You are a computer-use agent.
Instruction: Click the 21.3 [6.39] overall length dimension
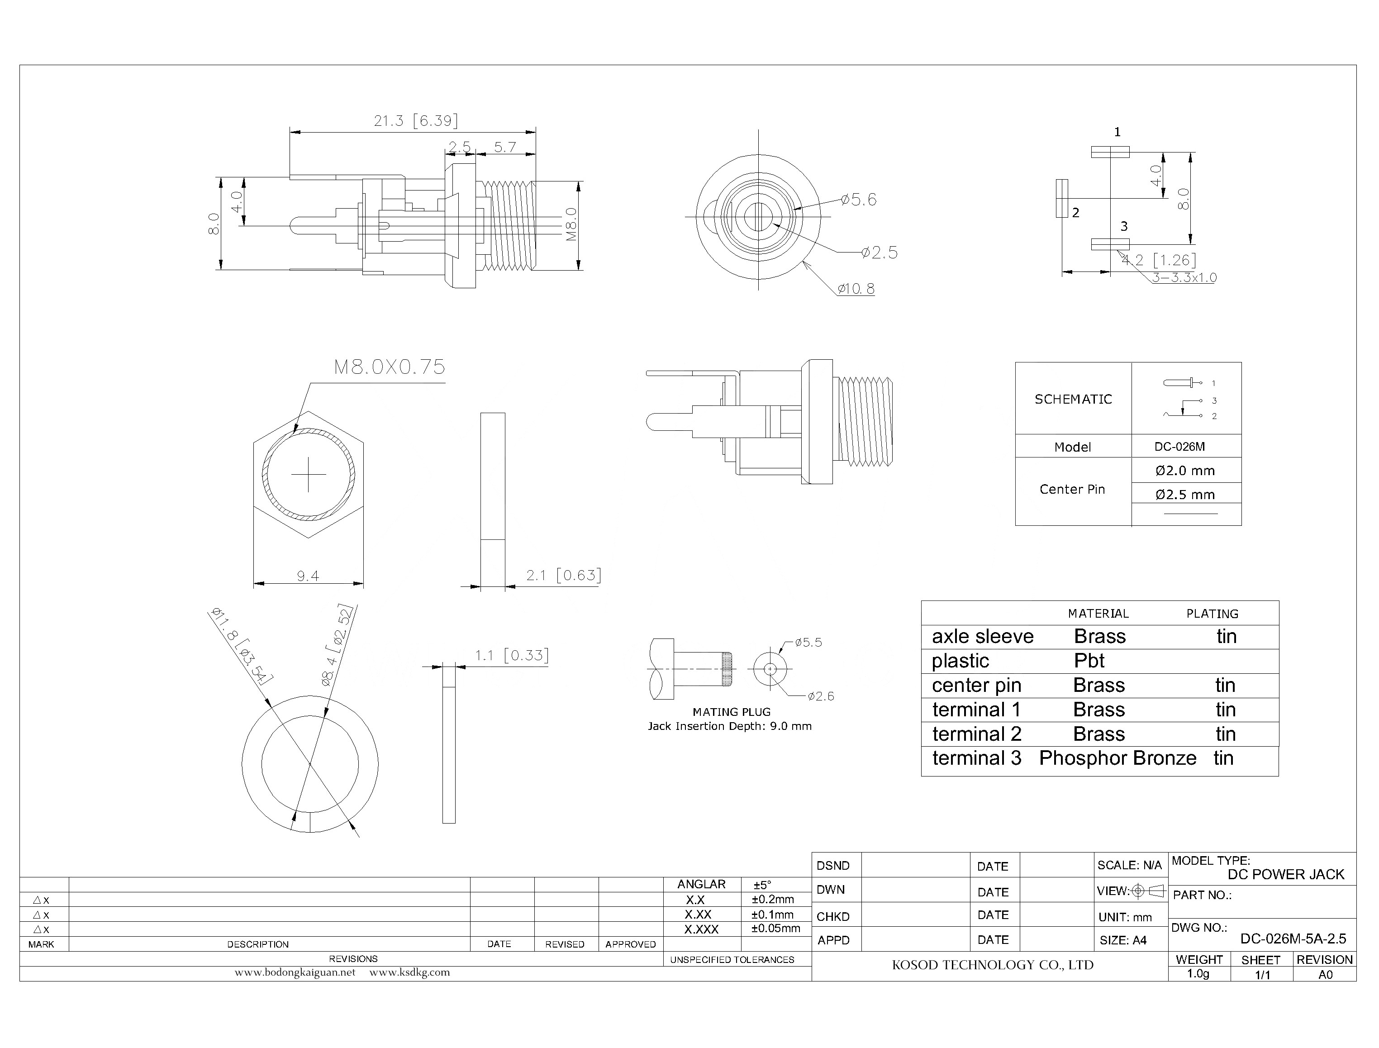[415, 120]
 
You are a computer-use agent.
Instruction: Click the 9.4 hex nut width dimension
[308, 576]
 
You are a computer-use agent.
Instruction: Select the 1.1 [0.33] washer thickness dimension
[511, 656]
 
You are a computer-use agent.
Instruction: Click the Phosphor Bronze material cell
[1117, 758]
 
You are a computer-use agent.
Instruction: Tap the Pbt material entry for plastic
[1089, 661]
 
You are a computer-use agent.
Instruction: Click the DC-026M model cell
[1179, 447]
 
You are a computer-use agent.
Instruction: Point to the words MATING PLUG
[731, 712]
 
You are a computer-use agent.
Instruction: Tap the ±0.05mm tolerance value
[775, 928]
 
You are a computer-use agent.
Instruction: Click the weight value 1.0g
[1198, 974]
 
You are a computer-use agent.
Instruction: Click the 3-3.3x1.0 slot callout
[1183, 277]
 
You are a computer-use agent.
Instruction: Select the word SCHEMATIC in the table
[1073, 399]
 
